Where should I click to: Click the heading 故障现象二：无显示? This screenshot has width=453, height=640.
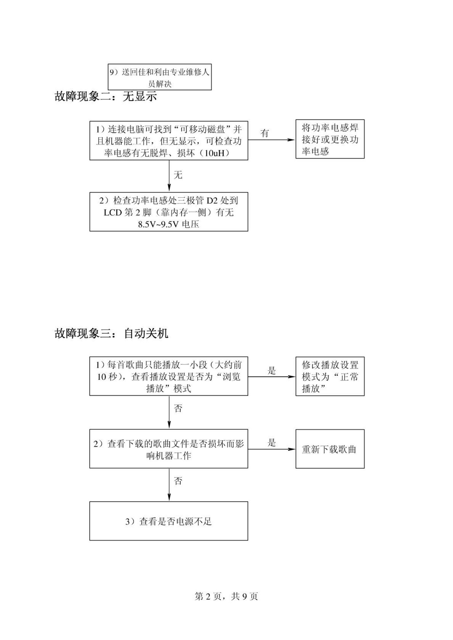(x=106, y=97)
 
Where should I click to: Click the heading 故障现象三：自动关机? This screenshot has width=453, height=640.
(x=111, y=333)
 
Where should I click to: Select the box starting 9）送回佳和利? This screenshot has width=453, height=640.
(x=160, y=77)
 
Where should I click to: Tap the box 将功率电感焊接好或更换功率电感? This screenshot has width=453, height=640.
(x=330, y=139)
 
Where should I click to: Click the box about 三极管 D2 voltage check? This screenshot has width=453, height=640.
(x=169, y=212)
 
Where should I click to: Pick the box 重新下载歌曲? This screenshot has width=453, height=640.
(x=330, y=449)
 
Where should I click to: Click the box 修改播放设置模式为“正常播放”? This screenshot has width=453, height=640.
(x=330, y=376)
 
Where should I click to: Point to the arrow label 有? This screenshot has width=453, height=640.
(x=265, y=133)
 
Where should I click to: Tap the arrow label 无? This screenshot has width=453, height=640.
(x=178, y=175)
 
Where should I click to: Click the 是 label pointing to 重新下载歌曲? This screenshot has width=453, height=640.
(x=271, y=443)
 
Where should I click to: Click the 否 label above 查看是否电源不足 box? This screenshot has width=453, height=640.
(x=178, y=481)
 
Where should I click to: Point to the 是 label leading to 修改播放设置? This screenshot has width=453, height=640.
(x=271, y=371)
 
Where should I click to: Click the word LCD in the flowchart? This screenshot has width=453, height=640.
(x=113, y=213)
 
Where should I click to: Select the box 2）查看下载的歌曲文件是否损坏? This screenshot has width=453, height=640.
(x=169, y=449)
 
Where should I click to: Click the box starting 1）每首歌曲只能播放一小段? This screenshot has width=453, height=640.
(x=169, y=376)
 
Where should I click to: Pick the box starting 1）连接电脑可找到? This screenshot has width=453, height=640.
(x=169, y=140)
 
